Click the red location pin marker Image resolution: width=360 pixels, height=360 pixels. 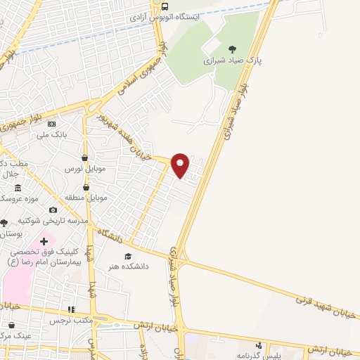pyautogui.click(x=180, y=165)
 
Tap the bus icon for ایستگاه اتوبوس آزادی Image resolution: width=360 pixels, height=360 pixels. pyautogui.click(x=165, y=7)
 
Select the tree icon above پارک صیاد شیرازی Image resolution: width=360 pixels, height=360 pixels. pyautogui.click(x=232, y=49)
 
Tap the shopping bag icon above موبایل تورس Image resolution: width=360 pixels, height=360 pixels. pyautogui.click(x=85, y=158)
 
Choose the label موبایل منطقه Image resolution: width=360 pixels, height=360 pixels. pyautogui.click(x=86, y=198)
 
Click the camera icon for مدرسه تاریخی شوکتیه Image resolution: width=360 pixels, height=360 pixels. pyautogui.click(x=53, y=210)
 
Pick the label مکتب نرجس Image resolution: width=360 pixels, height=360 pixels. pyautogui.click(x=72, y=321)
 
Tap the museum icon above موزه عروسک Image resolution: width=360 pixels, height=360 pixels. pyautogui.click(x=18, y=188)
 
